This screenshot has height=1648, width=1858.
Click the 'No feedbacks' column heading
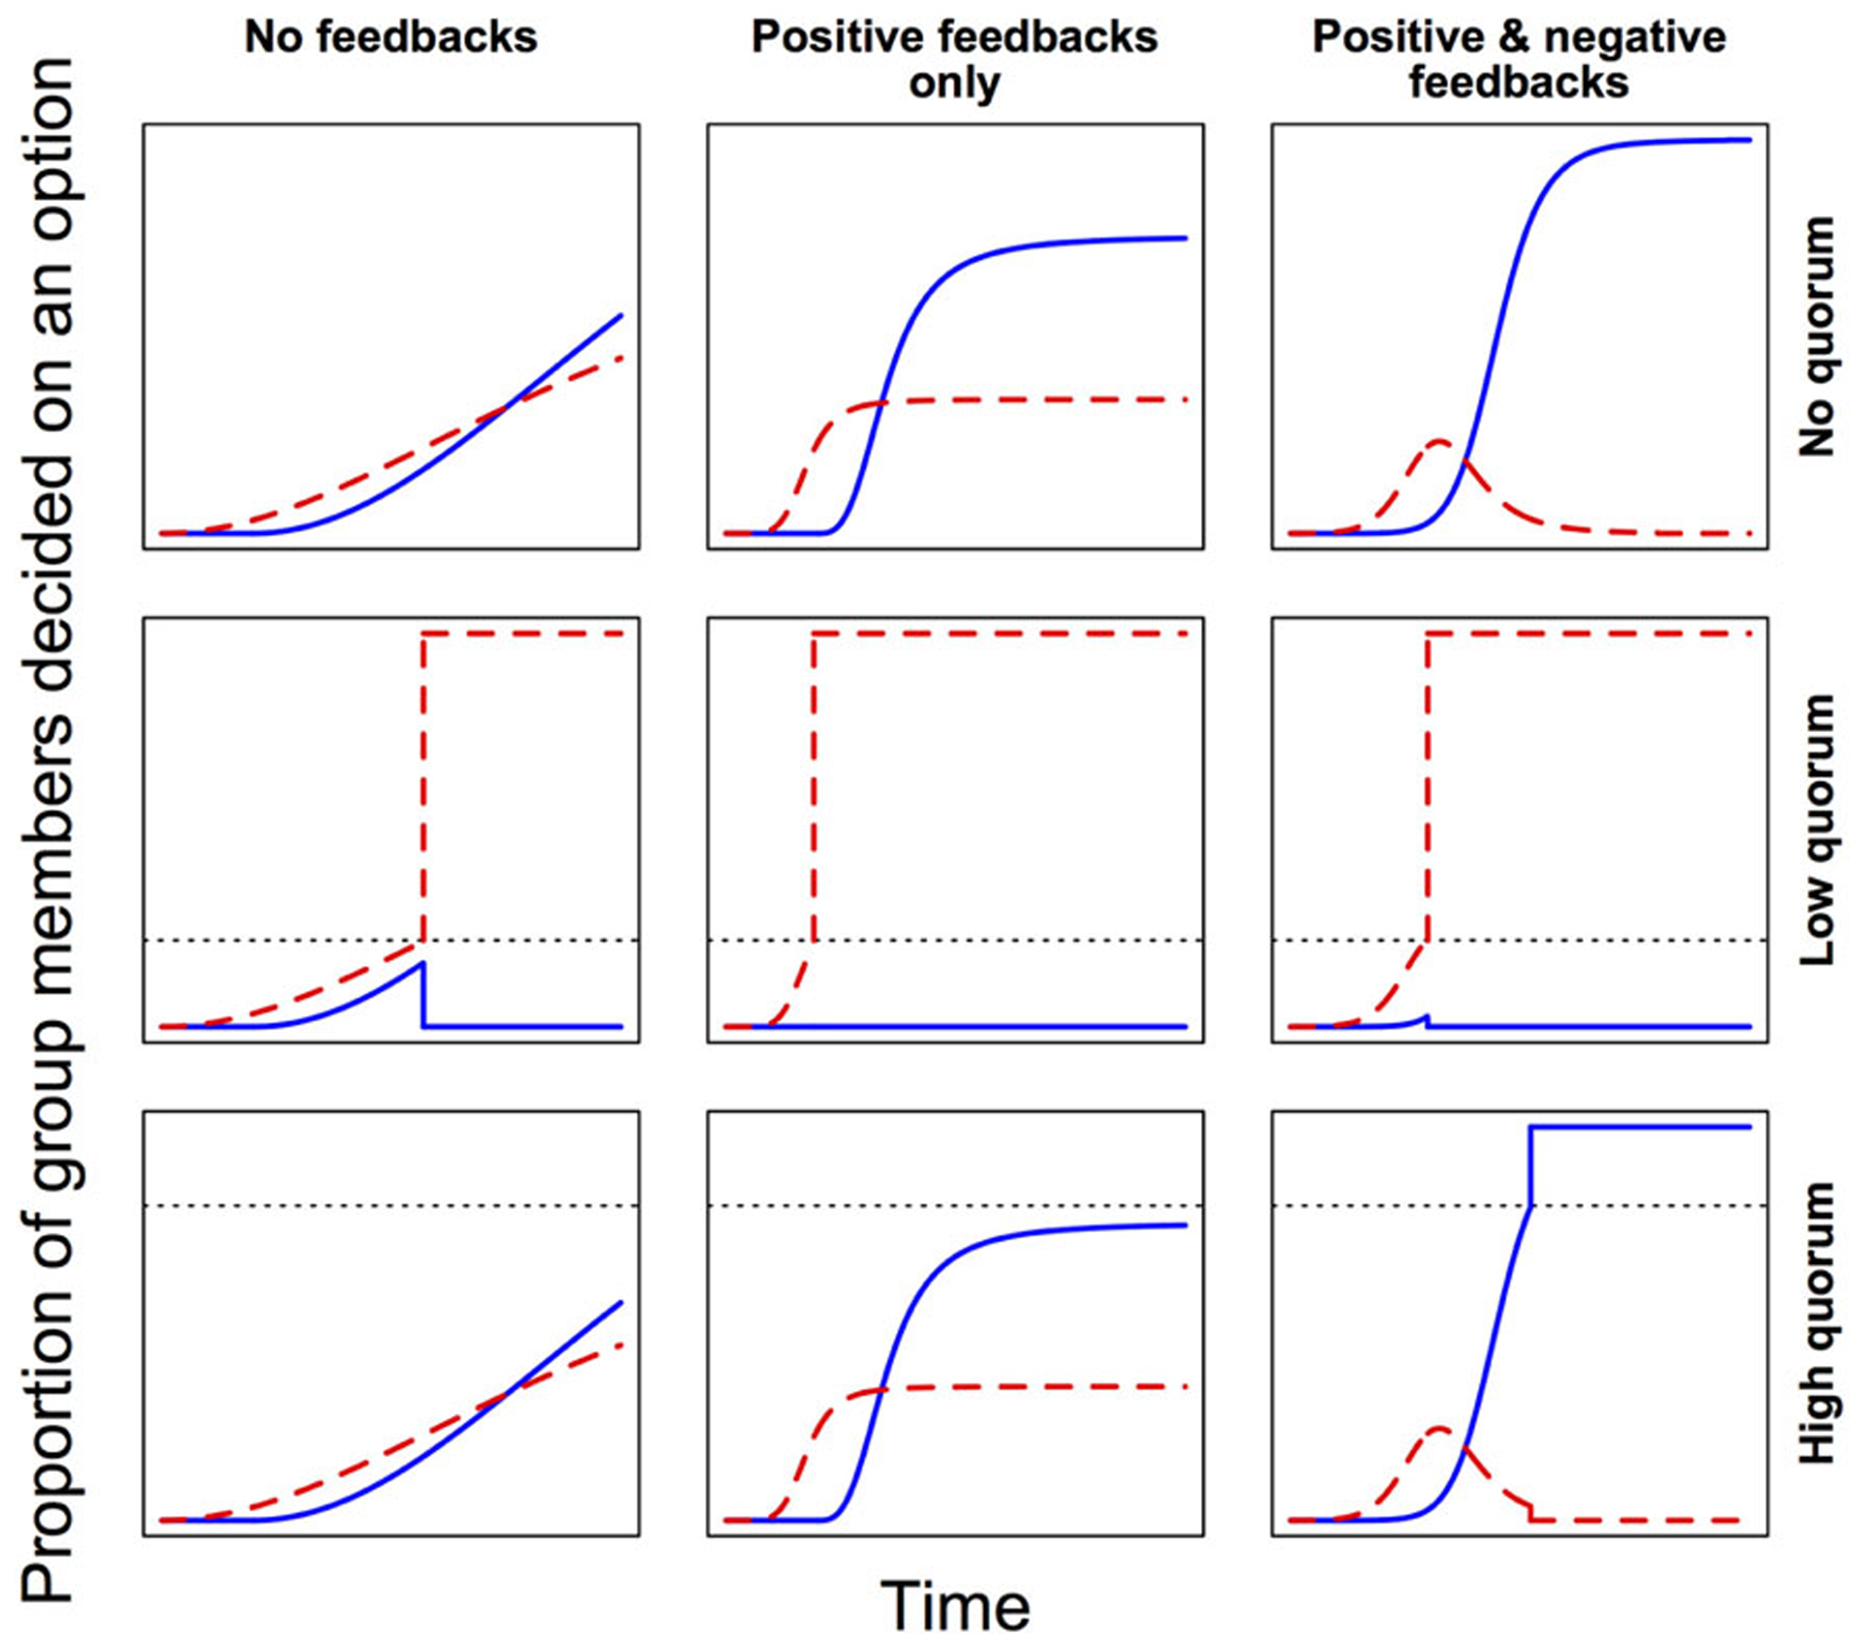[391, 38]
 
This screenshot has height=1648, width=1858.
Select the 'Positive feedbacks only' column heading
[954, 60]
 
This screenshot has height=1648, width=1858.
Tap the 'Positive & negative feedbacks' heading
[1519, 60]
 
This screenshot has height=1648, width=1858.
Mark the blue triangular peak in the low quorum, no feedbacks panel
[421, 962]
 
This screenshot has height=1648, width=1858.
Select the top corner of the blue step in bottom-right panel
[1532, 1128]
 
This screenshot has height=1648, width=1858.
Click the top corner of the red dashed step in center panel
[814, 634]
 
